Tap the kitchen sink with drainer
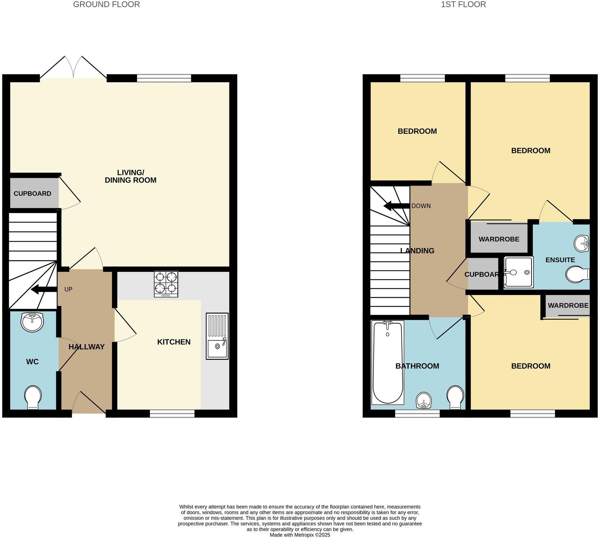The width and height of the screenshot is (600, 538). click(x=217, y=336)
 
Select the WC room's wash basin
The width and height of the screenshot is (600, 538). click(x=32, y=322)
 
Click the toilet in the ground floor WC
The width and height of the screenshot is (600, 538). click(x=32, y=397)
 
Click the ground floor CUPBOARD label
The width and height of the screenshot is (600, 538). click(x=32, y=194)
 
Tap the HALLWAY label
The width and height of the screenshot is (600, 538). click(x=87, y=347)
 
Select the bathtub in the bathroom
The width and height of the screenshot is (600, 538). click(x=388, y=362)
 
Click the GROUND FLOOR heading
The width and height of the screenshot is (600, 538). click(x=106, y=5)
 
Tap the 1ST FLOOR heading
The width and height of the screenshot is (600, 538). click(x=463, y=5)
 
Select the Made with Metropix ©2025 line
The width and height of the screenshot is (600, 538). click(x=300, y=535)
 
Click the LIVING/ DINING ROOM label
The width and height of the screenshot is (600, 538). click(x=131, y=176)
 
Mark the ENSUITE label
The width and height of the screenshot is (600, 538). click(x=560, y=260)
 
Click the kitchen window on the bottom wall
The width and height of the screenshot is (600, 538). click(x=172, y=414)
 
